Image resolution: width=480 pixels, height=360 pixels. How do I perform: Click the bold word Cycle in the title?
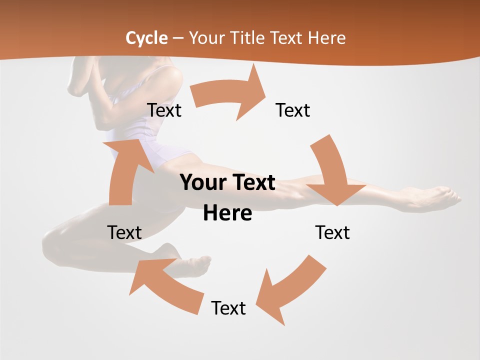146,38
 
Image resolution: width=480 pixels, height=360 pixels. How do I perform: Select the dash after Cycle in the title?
178,38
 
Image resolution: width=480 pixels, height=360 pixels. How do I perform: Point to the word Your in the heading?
205,38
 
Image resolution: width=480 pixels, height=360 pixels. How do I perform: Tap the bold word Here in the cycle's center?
227,213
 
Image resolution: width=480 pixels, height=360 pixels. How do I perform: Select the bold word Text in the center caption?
253,183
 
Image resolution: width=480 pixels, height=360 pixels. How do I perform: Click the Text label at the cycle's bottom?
228,308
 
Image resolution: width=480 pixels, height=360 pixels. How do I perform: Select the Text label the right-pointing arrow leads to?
293,110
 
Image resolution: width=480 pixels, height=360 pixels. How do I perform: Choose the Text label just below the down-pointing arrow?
332,232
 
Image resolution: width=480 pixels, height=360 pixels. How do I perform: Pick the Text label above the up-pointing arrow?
164,110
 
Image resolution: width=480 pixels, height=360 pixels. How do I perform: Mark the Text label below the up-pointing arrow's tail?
124,232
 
